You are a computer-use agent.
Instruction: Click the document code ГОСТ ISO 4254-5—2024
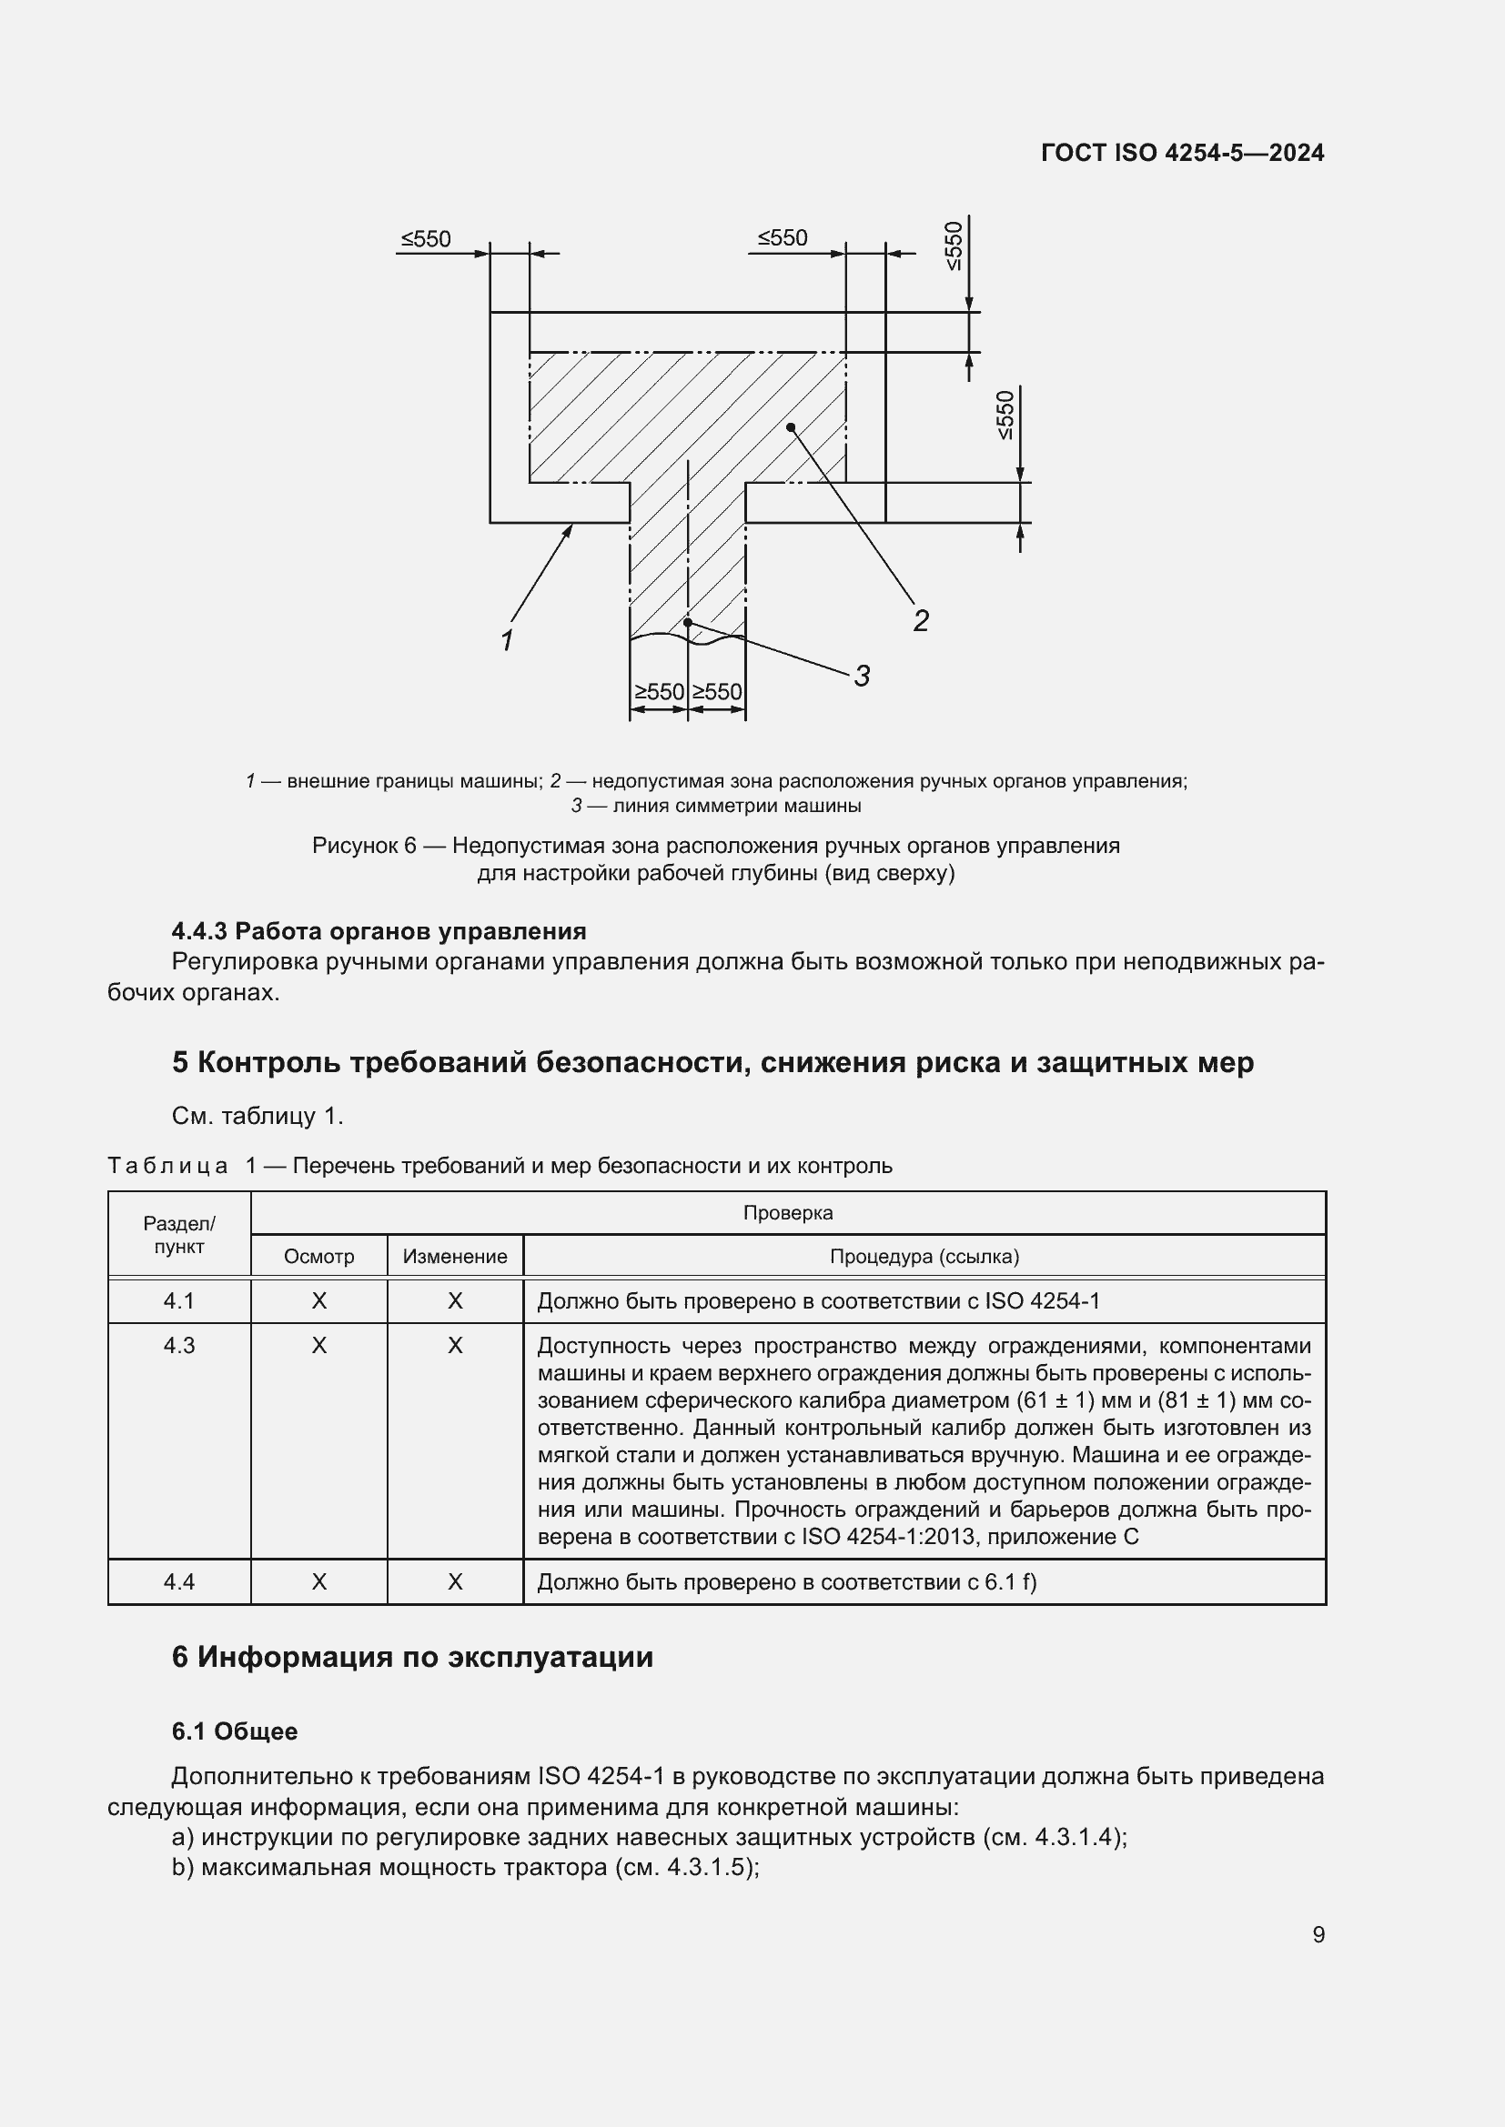[1183, 153]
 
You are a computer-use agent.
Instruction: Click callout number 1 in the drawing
[507, 640]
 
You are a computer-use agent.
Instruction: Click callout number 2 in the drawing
[920, 620]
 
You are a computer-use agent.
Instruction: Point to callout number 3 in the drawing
[862, 677]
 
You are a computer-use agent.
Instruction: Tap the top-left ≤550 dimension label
[426, 239]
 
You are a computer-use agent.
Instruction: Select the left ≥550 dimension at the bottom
[659, 692]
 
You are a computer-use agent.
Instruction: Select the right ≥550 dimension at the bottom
[717, 692]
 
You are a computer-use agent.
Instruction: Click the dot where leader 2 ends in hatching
[791, 427]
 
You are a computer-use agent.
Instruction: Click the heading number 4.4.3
[199, 931]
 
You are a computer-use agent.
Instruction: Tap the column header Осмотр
[318, 1257]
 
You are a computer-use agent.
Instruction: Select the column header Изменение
[455, 1257]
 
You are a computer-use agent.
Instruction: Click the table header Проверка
[788, 1213]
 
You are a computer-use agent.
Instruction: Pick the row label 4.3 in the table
[179, 1346]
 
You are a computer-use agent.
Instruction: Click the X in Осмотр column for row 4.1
[318, 1301]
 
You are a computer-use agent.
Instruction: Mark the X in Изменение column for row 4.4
[455, 1582]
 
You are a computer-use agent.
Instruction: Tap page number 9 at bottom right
[1318, 1935]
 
